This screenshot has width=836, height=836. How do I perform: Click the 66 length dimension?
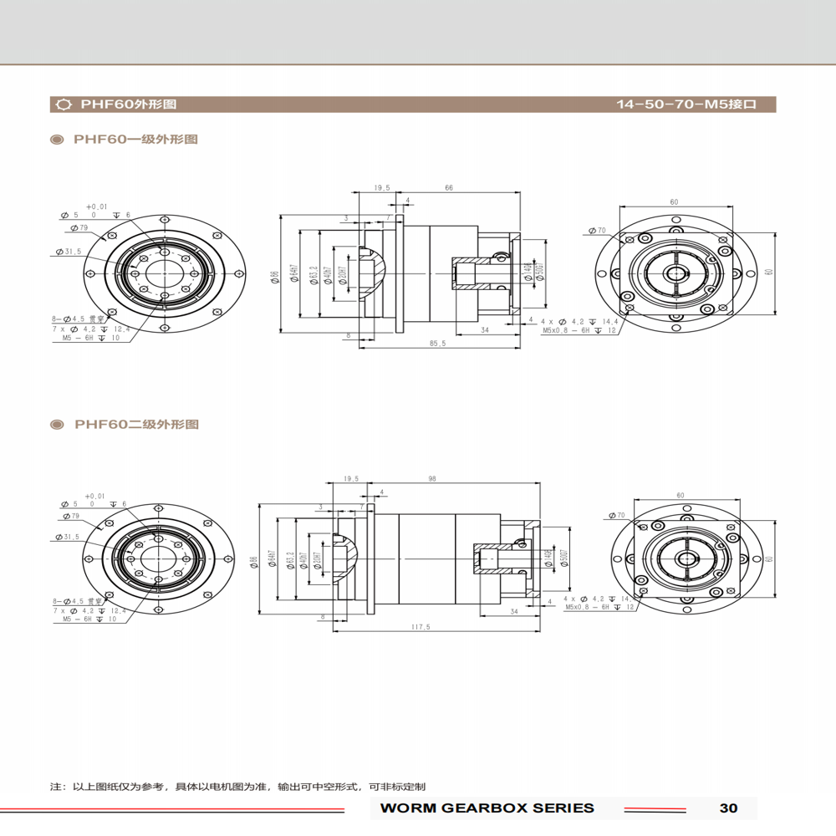coord(449,188)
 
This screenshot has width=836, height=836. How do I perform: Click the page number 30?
coord(727,808)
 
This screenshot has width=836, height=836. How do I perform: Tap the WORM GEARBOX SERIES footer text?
coord(487,808)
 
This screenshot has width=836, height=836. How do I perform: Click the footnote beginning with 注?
coord(237,787)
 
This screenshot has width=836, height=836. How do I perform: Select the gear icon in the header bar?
coord(63,105)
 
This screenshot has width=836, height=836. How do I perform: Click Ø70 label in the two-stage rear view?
coord(618,515)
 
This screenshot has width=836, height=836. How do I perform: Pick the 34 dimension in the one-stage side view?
coord(485,330)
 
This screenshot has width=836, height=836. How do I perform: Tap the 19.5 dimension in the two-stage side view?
coord(350,479)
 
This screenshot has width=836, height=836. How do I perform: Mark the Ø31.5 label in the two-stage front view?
coord(68,537)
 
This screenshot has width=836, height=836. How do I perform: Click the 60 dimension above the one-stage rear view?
coord(674,202)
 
